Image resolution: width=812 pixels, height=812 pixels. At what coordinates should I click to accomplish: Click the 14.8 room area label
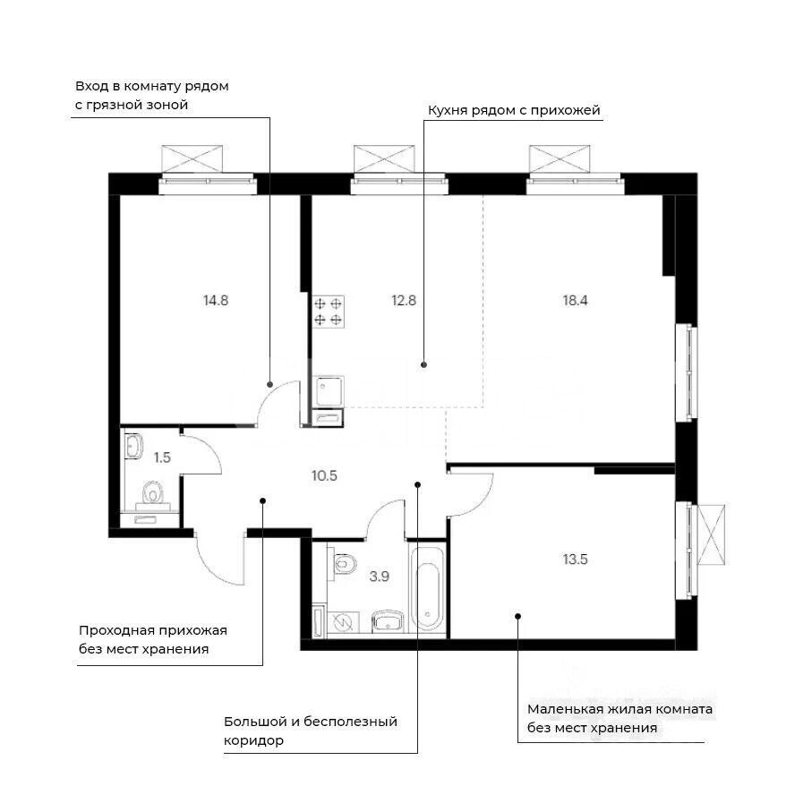(216, 300)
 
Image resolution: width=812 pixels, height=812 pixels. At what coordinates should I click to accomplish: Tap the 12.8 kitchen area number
(404, 300)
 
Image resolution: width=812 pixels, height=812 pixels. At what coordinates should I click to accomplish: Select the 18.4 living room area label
(576, 300)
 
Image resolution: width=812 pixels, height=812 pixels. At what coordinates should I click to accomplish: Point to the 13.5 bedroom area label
(576, 560)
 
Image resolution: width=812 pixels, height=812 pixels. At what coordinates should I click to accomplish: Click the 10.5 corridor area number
(324, 475)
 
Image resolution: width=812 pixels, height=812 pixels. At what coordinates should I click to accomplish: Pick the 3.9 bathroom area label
(379, 577)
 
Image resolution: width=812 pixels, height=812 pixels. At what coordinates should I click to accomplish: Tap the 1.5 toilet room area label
(162, 457)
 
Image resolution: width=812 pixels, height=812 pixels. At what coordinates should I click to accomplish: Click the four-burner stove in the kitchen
(328, 312)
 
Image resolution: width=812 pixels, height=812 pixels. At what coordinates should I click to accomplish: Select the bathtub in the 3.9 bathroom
(428, 588)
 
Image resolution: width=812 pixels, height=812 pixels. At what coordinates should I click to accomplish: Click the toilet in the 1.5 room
(151, 495)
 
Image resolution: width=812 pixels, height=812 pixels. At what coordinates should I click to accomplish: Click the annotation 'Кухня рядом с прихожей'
(514, 110)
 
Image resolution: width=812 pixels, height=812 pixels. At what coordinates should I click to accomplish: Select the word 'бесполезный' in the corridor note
(350, 722)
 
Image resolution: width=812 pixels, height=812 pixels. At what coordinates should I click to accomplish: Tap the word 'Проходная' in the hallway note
(116, 631)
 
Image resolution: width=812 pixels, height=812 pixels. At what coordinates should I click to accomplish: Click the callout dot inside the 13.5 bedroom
(517, 616)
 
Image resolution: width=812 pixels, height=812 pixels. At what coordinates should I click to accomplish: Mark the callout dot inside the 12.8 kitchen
(423, 364)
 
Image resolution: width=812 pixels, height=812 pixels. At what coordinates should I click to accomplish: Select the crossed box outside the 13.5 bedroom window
(712, 535)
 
